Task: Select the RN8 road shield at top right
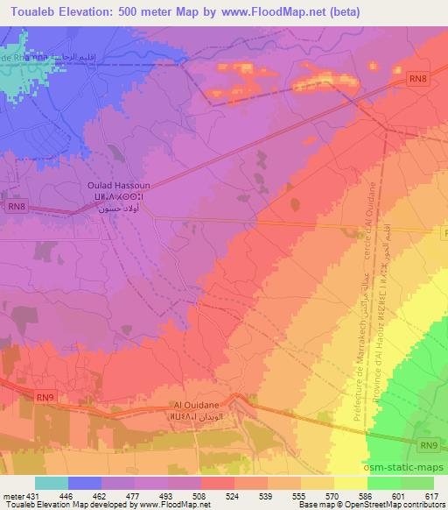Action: click(418, 79)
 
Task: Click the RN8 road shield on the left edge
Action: click(17, 207)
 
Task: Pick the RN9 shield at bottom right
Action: click(428, 445)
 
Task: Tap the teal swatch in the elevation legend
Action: click(52, 483)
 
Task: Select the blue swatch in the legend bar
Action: click(85, 483)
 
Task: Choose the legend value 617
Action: click(431, 496)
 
